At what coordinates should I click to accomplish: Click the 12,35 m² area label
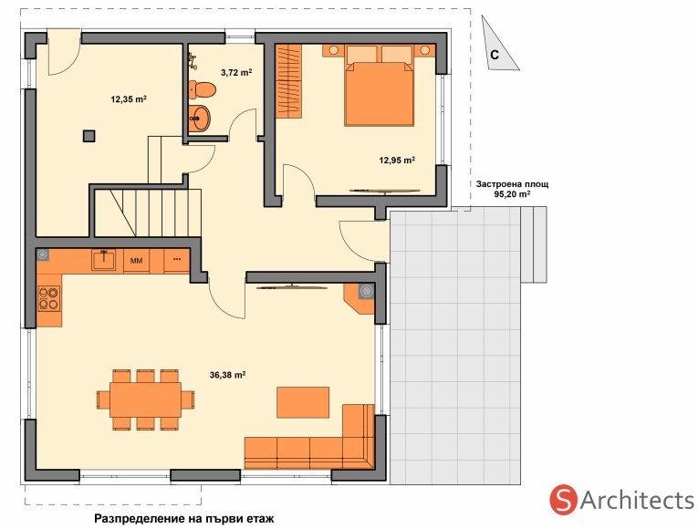tap(129, 99)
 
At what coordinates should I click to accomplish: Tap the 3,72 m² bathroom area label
tap(236, 72)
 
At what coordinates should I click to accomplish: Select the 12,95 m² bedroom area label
tap(397, 161)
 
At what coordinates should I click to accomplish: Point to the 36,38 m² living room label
tap(227, 375)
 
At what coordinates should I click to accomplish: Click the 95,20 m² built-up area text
tap(512, 194)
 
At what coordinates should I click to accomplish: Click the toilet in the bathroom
tap(202, 90)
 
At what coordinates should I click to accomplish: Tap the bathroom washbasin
tap(199, 119)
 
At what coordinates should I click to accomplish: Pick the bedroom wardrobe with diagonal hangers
tap(288, 81)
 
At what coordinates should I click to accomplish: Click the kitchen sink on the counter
tap(103, 260)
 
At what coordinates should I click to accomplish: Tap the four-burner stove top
tap(48, 298)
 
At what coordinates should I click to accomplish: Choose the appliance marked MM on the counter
tap(136, 261)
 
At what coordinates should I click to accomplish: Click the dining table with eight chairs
tap(146, 399)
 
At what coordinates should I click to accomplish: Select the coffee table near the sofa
tap(303, 402)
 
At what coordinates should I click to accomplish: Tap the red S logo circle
tap(564, 500)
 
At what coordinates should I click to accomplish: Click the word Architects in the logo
tap(637, 500)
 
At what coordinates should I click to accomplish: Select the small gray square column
tap(89, 136)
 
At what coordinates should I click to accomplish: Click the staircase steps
tap(148, 213)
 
